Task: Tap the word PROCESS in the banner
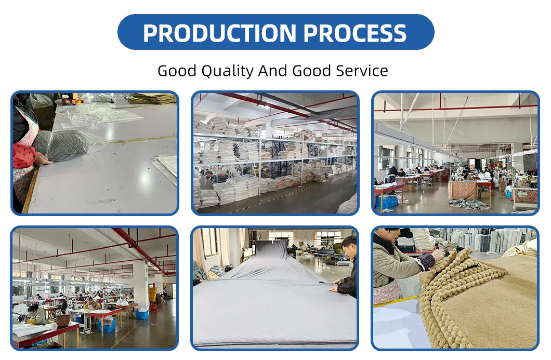click(355, 33)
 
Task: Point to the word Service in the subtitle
click(358, 71)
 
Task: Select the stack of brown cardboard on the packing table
click(152, 99)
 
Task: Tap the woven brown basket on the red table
click(63, 320)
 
